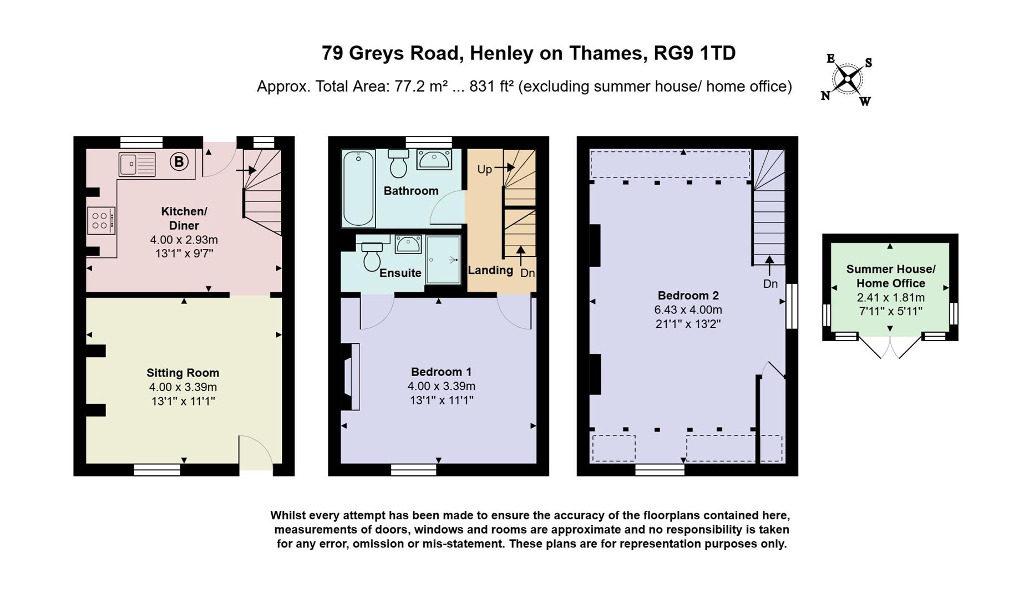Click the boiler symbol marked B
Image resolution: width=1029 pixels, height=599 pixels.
tap(179, 162)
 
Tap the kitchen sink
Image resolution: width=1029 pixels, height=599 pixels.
tap(136, 164)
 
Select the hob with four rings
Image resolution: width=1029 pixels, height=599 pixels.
tap(100, 220)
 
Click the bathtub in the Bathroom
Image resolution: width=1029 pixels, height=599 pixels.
tap(358, 189)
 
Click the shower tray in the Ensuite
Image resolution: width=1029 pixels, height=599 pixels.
tap(443, 260)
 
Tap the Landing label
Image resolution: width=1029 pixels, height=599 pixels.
tap(490, 270)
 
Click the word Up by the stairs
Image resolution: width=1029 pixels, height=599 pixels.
tap(484, 169)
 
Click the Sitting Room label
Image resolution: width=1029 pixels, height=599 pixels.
tap(183, 373)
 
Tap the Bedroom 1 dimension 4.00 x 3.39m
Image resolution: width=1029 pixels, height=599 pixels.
tap(441, 386)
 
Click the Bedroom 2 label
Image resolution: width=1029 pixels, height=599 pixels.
tap(687, 295)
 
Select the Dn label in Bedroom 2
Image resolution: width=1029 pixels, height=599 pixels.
tap(770, 283)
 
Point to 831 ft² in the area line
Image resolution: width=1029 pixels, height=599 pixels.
tap(491, 87)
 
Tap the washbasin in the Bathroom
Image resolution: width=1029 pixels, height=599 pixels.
tap(434, 160)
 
